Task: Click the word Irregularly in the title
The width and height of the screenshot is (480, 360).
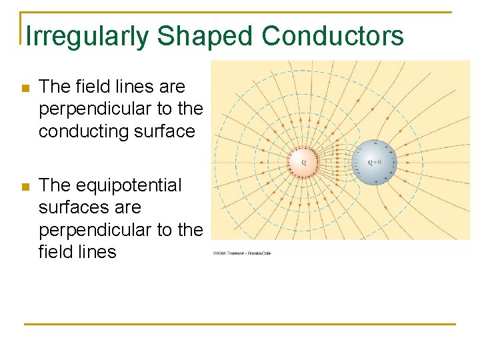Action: (87, 37)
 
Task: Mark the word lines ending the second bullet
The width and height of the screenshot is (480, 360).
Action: (97, 252)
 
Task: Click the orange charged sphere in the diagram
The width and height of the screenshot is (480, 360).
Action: (304, 161)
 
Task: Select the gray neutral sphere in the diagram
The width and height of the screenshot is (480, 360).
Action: (374, 162)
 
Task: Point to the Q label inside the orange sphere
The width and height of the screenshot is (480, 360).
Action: (304, 162)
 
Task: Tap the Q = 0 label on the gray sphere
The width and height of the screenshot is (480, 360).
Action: (374, 162)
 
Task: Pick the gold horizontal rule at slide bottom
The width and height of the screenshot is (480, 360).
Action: (240, 324)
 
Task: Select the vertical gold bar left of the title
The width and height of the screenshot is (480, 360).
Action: (21, 29)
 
